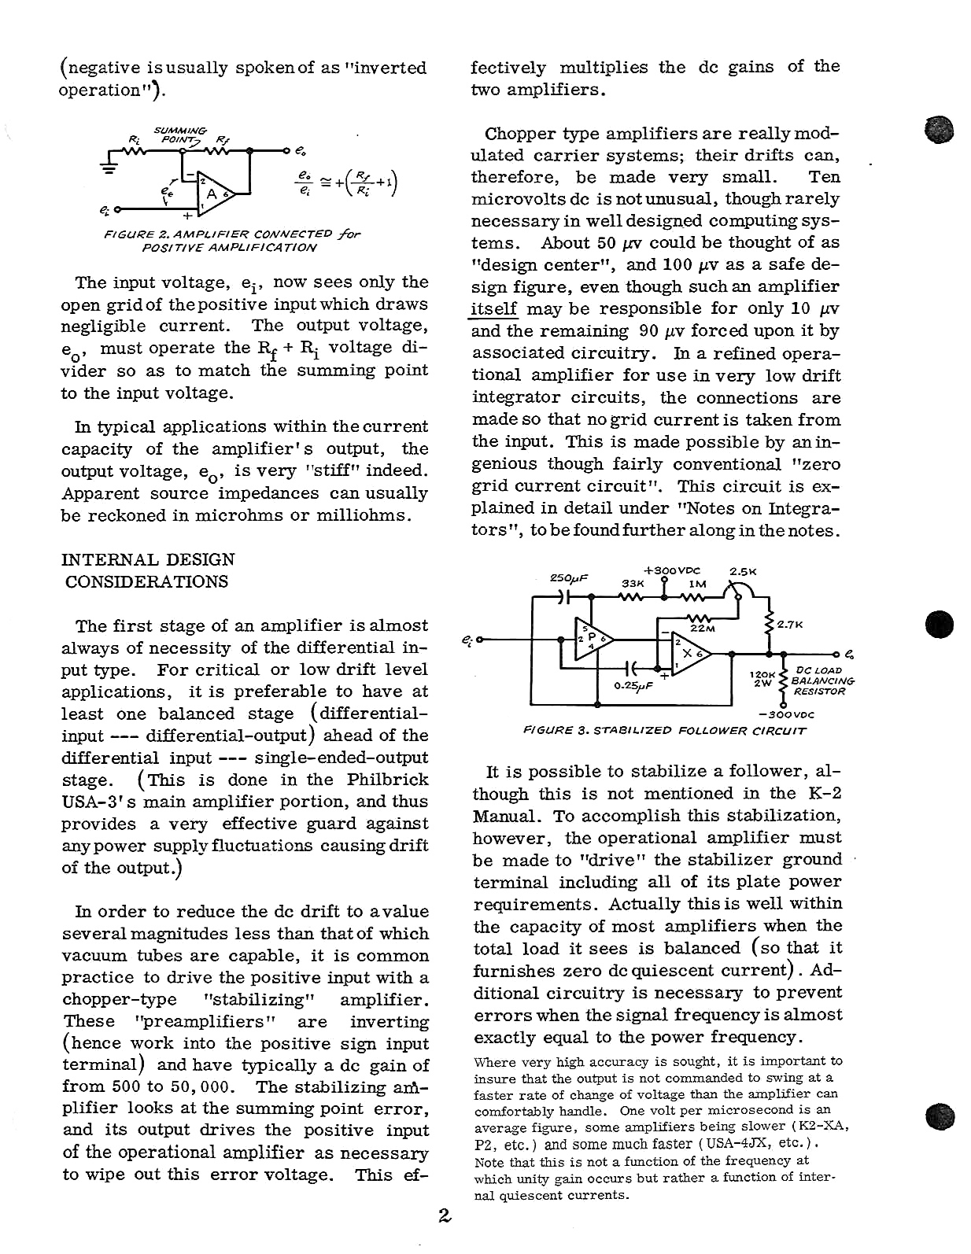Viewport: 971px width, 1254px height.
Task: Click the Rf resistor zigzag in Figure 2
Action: [214, 149]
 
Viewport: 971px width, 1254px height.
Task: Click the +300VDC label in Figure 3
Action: [671, 570]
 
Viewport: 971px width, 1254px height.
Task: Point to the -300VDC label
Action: [786, 714]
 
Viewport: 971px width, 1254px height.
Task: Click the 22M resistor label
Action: [703, 629]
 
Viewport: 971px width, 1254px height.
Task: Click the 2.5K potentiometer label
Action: [743, 571]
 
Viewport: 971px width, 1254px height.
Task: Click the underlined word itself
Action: [493, 309]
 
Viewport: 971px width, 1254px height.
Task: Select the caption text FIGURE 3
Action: [556, 731]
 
